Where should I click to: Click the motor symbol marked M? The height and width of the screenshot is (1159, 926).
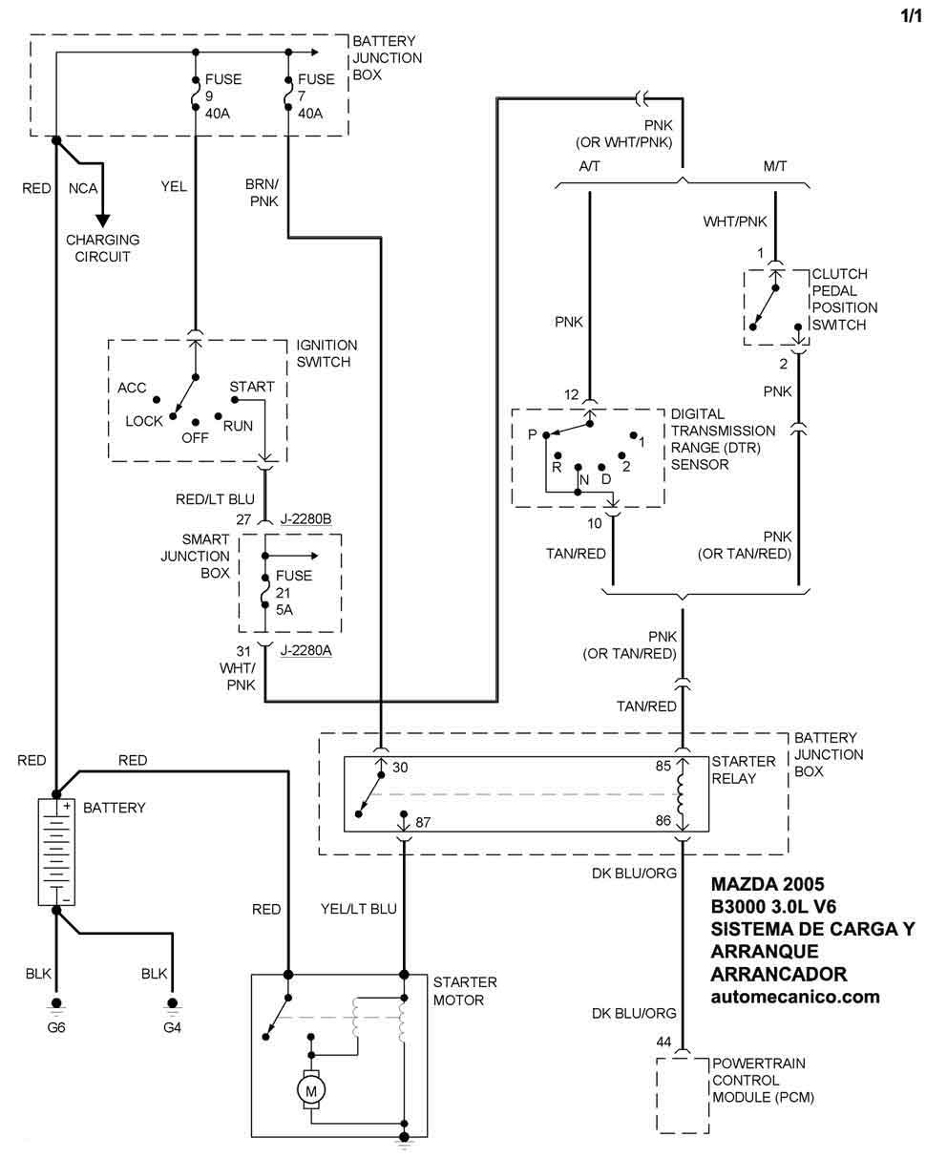pos(311,1090)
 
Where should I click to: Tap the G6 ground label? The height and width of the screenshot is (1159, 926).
pos(56,1027)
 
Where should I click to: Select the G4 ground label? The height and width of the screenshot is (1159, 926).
pos(172,1027)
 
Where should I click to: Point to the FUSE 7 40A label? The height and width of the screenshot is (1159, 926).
pos(316,96)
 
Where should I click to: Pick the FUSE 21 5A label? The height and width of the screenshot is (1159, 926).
pos(294,593)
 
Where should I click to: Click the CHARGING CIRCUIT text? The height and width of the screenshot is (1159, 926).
pos(102,248)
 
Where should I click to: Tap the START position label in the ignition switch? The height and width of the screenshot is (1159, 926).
pos(252,387)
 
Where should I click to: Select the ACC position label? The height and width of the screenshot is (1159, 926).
pos(132,388)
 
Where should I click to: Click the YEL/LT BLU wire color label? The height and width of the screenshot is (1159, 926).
pos(359,909)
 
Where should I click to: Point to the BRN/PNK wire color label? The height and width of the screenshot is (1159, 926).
pos(263,192)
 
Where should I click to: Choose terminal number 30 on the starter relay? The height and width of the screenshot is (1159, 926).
pos(400,768)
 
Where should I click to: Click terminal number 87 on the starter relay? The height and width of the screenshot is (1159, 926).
pos(422,822)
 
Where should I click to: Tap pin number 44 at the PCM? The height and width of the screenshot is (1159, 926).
pos(663,1043)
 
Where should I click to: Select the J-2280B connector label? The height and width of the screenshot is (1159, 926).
pos(305,519)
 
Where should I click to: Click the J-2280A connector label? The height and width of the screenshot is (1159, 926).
pos(305,650)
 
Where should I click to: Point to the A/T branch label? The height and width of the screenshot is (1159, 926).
pos(589,166)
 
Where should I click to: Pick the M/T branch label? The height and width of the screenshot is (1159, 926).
pos(774,166)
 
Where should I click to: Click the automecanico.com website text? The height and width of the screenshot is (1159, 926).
pos(795,997)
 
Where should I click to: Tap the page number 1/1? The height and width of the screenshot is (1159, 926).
pos(911,16)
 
